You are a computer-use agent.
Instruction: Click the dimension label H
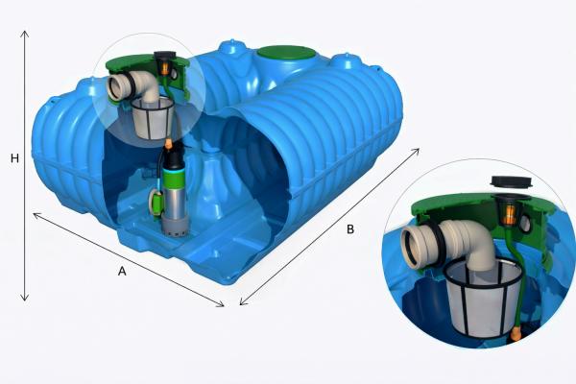(14, 158)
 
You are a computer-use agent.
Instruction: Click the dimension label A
(122, 271)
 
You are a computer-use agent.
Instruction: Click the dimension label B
(350, 229)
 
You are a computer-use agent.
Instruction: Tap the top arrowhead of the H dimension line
(25, 34)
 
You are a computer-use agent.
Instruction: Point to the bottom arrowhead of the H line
(25, 298)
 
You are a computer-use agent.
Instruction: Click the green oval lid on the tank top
(286, 54)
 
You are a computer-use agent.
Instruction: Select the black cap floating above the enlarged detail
(512, 181)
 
